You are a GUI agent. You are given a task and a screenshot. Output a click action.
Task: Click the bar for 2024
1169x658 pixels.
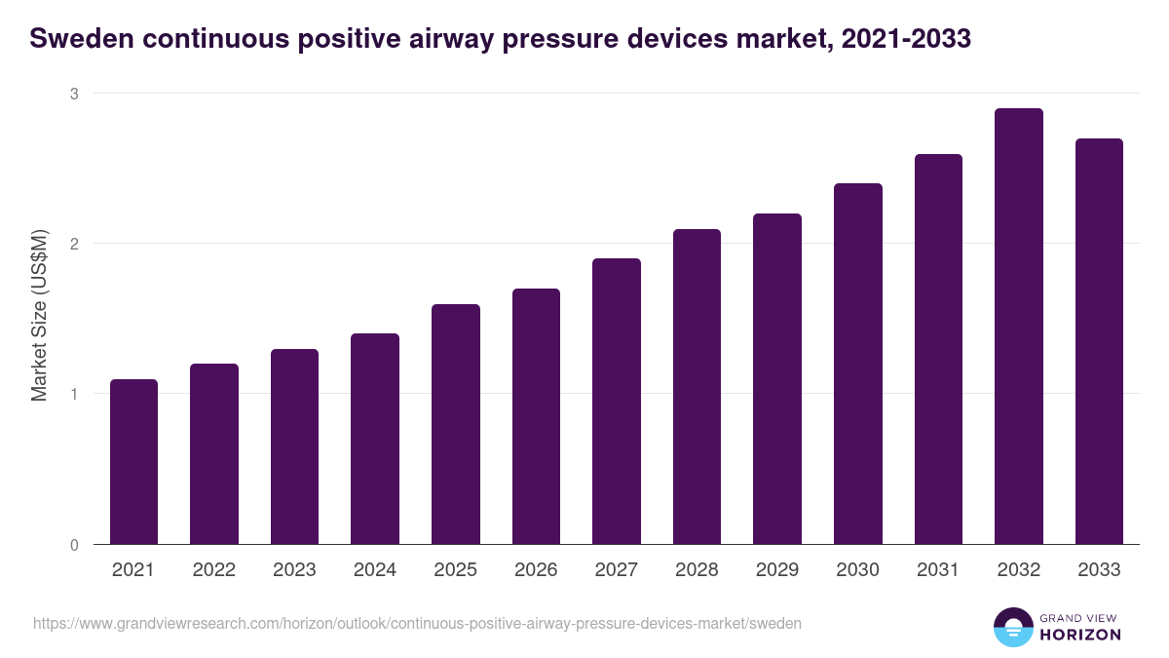click(375, 439)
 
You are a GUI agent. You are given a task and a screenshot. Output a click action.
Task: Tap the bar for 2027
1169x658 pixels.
click(617, 401)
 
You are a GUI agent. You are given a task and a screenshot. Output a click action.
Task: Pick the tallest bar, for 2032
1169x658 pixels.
click(1018, 326)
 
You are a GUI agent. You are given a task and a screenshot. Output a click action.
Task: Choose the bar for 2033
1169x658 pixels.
click(1099, 341)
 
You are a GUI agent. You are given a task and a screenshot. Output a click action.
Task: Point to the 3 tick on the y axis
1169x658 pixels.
click(73, 94)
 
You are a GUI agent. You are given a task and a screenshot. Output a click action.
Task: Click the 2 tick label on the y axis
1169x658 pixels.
click(73, 244)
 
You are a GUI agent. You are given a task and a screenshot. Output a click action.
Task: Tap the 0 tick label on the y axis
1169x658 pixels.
click(73, 545)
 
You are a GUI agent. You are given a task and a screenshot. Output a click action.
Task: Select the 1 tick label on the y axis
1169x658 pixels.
click(73, 394)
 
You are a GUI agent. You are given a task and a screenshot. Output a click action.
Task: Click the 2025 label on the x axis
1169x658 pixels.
click(456, 570)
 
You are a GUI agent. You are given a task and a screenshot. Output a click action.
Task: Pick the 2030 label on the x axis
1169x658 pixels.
click(858, 570)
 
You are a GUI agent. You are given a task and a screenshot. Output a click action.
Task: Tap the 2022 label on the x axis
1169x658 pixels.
click(214, 570)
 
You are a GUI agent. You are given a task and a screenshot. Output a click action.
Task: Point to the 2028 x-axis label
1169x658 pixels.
click(698, 570)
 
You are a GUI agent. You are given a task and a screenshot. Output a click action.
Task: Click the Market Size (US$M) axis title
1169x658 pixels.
click(40, 315)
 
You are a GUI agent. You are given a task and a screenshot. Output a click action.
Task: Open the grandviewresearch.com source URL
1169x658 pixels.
click(417, 623)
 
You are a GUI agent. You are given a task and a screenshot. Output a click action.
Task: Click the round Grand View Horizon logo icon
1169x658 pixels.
click(1013, 627)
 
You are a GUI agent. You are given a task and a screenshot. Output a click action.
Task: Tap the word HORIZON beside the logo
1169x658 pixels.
click(1081, 635)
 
